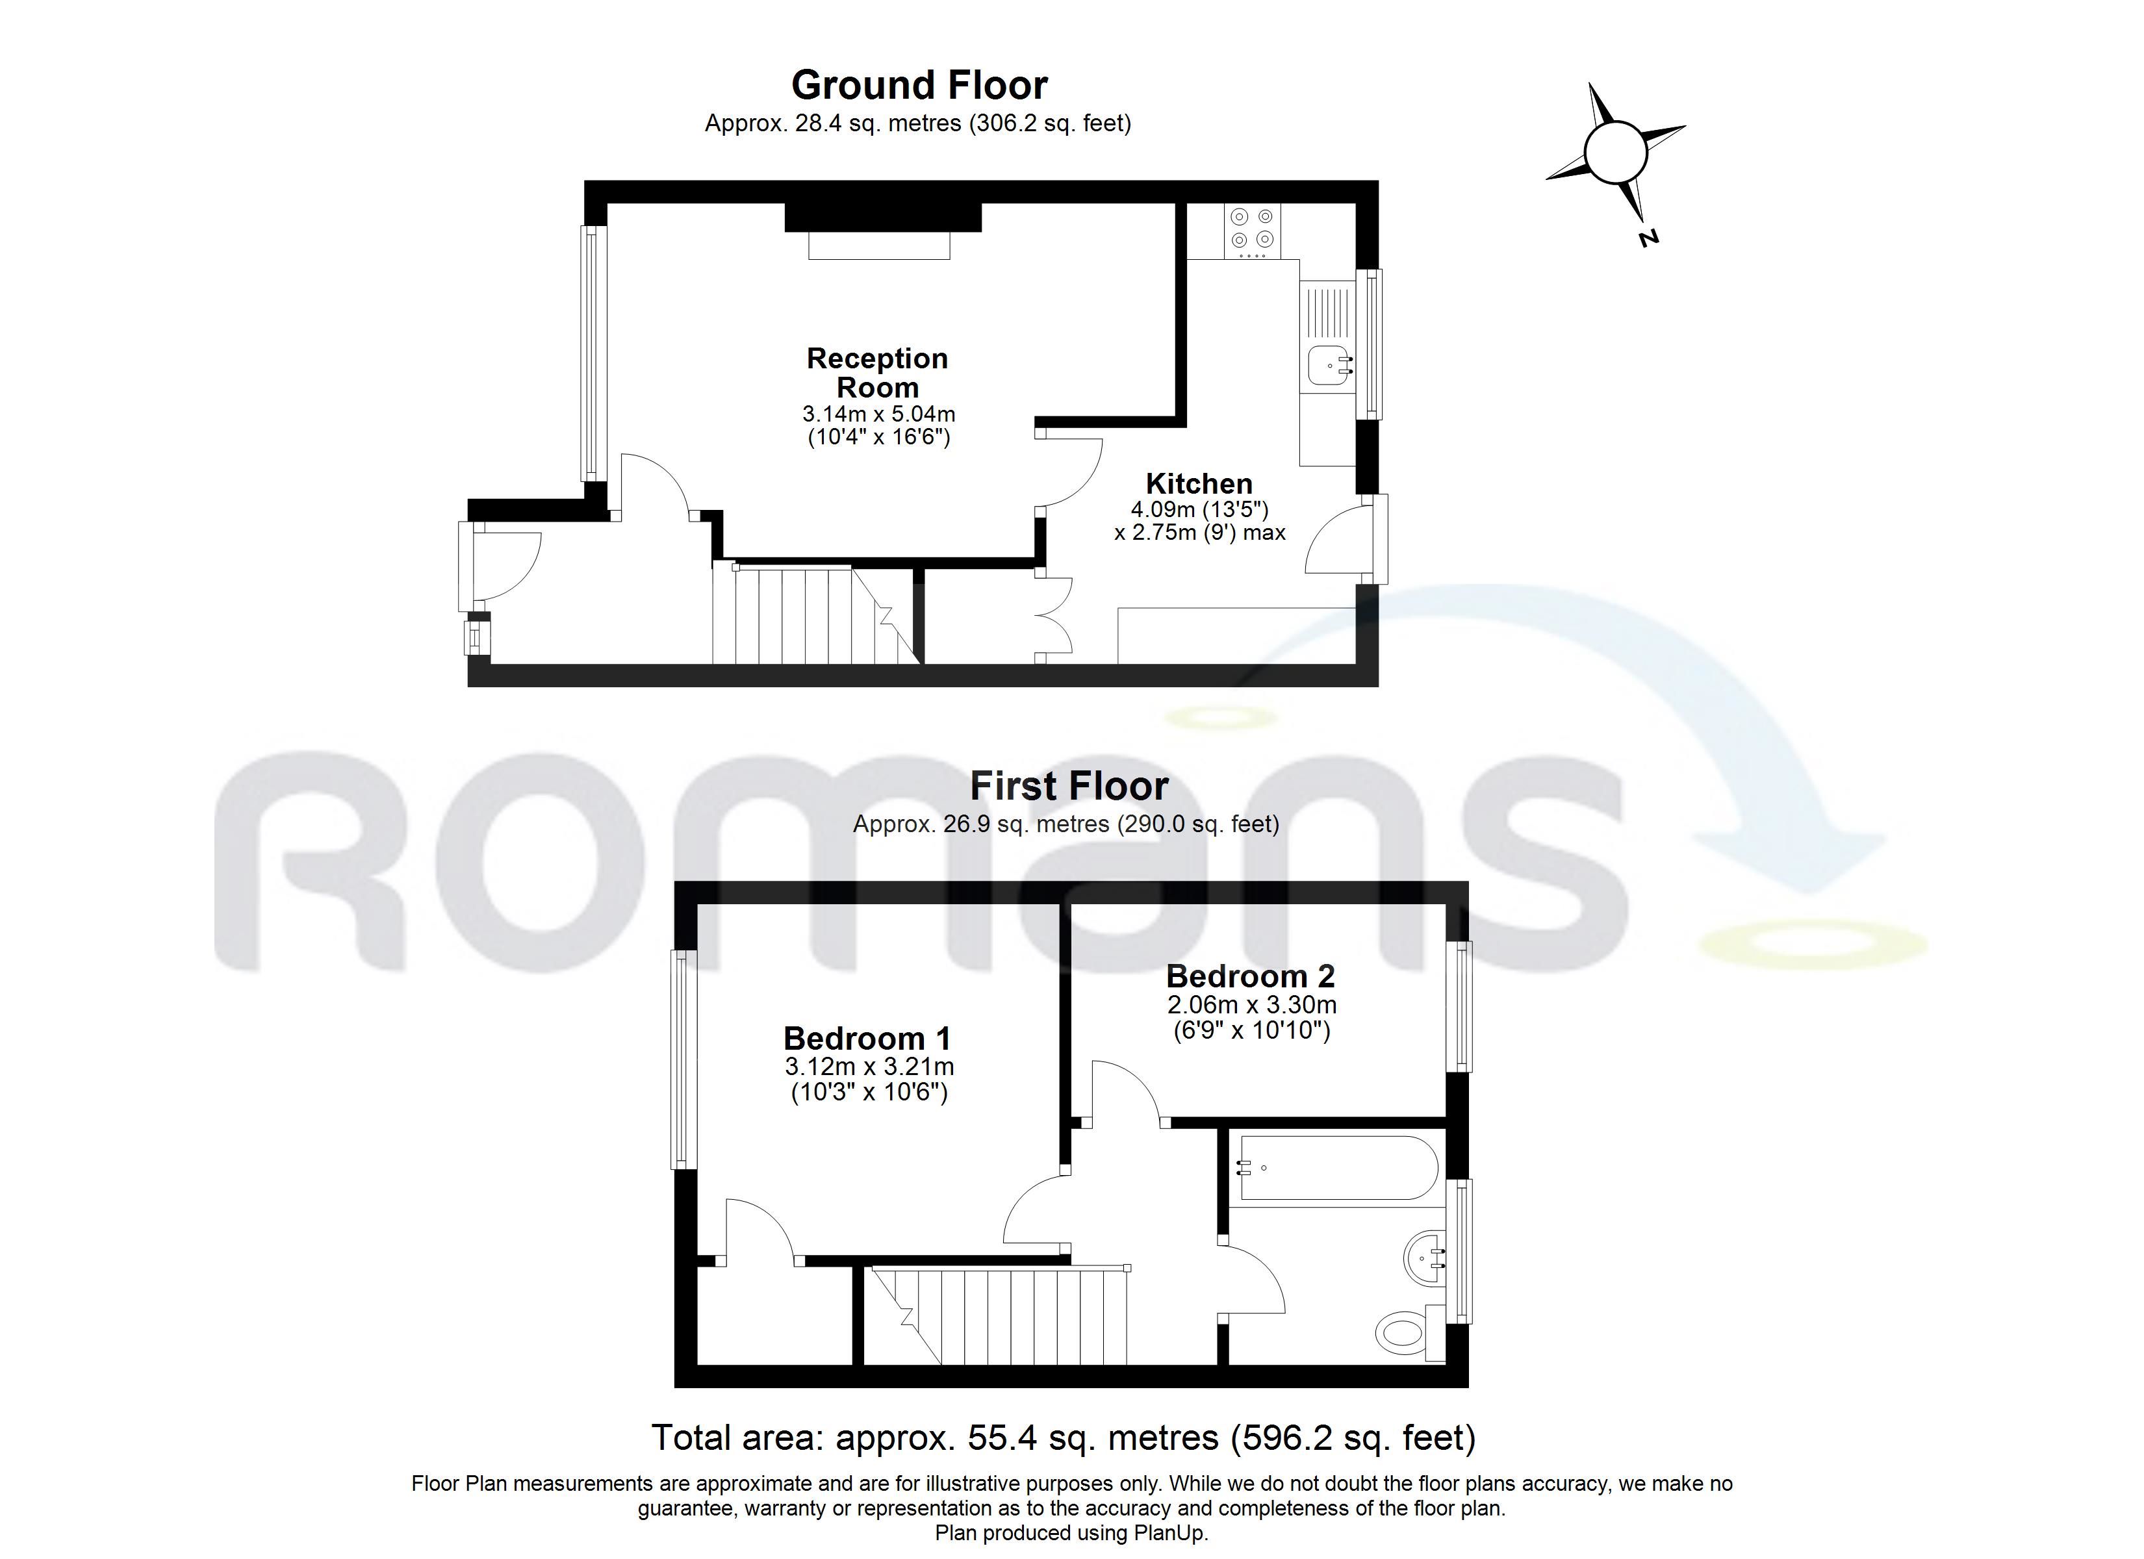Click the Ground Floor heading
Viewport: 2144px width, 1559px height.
pos(919,85)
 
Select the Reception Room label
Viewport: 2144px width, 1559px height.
pos(877,372)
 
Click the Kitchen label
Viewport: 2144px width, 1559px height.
pos(1199,483)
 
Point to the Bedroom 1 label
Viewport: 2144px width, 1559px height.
pos(867,1038)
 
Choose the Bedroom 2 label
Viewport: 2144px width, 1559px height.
pos(1251,976)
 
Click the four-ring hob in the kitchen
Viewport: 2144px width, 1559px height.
pos(1253,231)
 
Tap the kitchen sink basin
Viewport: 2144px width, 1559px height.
pos(1329,365)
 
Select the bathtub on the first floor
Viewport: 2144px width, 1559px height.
pos(1336,1167)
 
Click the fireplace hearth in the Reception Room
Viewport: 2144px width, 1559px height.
pos(878,246)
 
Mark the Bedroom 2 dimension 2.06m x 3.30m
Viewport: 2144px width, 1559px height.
pos(1251,1005)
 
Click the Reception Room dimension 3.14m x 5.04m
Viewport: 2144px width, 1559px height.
pos(878,414)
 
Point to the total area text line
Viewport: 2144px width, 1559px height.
pos(1064,1437)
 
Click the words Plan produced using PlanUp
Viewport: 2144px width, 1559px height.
pos(1072,1532)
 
